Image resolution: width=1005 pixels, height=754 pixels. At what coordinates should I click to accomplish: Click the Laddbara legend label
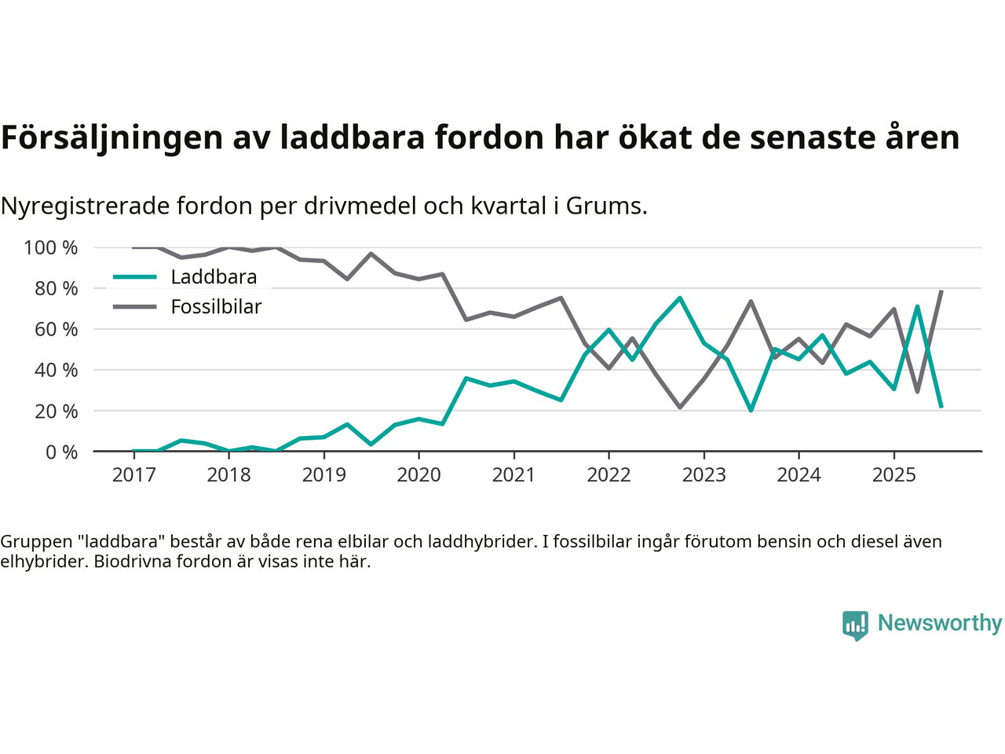[214, 277]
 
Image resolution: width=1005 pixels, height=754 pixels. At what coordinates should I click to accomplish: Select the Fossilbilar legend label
[216, 307]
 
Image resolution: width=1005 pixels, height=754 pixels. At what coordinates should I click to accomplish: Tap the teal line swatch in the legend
[135, 277]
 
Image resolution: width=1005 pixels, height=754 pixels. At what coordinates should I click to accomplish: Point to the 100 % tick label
[51, 248]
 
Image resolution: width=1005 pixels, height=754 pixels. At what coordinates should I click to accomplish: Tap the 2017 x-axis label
[133, 475]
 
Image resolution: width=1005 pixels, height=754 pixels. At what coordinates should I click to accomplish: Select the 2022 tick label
[608, 475]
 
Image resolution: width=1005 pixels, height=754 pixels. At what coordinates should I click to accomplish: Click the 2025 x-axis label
[894, 475]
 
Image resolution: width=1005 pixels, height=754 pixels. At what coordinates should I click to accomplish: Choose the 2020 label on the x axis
[418, 475]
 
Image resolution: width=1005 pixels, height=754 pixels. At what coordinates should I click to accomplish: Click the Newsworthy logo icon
[855, 625]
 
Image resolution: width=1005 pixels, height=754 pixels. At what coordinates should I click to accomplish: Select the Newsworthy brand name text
[939, 624]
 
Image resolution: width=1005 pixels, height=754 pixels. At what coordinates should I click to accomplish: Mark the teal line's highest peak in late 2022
[680, 298]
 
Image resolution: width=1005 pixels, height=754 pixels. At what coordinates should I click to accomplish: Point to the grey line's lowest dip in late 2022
[680, 407]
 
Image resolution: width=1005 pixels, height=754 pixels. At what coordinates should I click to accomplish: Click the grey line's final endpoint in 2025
[941, 291]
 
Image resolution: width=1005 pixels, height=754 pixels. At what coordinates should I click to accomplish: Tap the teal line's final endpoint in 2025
[941, 407]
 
